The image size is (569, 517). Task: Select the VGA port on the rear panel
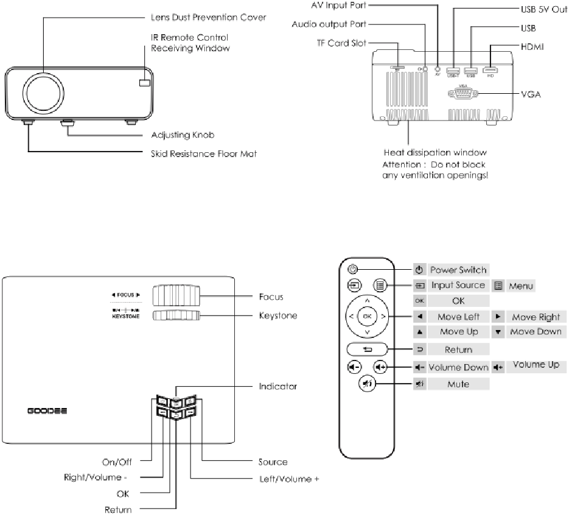click(462, 93)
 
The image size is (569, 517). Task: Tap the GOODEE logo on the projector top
click(47, 410)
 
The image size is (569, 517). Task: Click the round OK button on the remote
click(366, 317)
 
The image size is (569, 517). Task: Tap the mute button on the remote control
click(367, 384)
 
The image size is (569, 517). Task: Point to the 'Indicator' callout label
click(278, 386)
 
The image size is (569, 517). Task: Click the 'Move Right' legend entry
click(536, 317)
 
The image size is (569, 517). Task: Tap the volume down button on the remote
click(354, 367)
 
